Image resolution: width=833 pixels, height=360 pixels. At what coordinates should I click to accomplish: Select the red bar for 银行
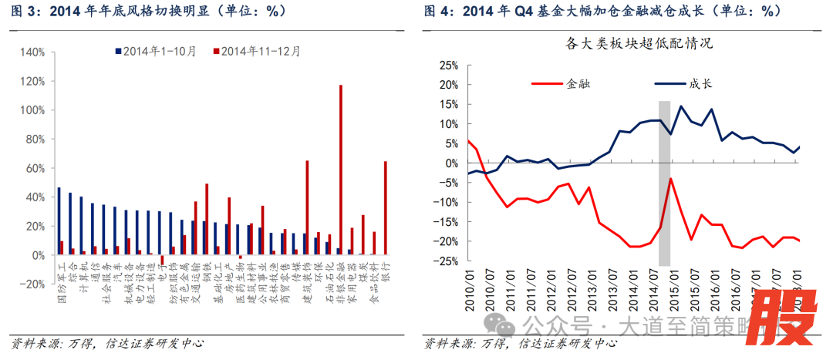point(386,207)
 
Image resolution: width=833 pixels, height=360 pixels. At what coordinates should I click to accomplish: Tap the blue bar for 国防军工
point(59,220)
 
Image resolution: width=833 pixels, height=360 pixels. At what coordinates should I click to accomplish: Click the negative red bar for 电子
point(163,259)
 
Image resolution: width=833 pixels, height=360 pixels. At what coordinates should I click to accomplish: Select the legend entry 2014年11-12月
point(258,51)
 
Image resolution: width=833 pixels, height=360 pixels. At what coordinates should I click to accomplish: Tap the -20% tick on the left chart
point(32,284)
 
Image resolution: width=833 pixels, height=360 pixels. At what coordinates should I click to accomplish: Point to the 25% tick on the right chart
point(447,65)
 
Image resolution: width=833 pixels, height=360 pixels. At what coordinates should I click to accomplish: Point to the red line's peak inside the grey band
point(671,179)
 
